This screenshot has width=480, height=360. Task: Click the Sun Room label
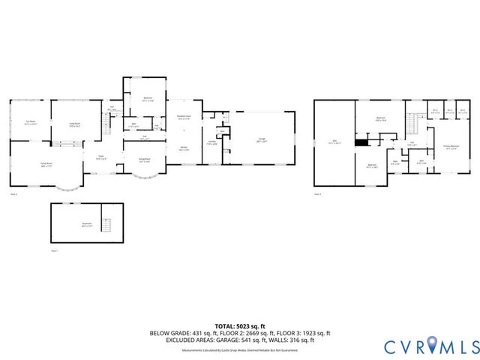point(31,123)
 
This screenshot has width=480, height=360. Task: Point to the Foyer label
point(100,157)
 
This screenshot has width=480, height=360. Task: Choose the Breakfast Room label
point(184,117)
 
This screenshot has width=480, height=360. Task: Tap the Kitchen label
point(184,148)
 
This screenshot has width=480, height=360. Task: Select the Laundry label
point(212,142)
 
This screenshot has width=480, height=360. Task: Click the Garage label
point(262,139)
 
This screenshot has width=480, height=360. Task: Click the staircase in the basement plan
point(107,225)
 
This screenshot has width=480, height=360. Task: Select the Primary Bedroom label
point(451,148)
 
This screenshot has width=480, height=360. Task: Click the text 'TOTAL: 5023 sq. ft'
point(239,325)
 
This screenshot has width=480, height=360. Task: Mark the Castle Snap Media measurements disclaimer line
point(239,350)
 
